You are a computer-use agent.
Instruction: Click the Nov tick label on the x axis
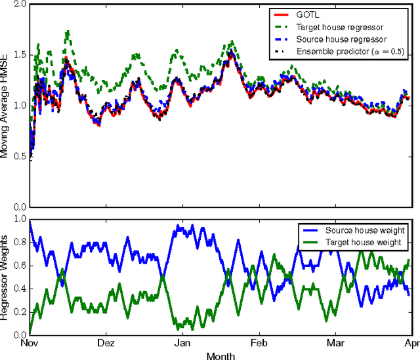tap(30, 343)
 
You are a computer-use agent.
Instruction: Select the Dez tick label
tap(106, 343)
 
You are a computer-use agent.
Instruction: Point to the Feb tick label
tap(258, 343)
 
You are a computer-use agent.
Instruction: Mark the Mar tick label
tap(335, 343)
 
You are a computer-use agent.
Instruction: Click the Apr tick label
tap(410, 343)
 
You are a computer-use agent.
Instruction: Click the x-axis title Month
tap(220, 355)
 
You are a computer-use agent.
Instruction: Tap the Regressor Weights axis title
tap(6, 277)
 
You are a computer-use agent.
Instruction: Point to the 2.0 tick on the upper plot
tap(18, 5)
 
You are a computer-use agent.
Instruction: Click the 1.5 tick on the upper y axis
tap(18, 55)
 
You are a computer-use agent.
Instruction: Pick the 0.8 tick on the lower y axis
tap(18, 242)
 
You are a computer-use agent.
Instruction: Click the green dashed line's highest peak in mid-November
tap(67, 31)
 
